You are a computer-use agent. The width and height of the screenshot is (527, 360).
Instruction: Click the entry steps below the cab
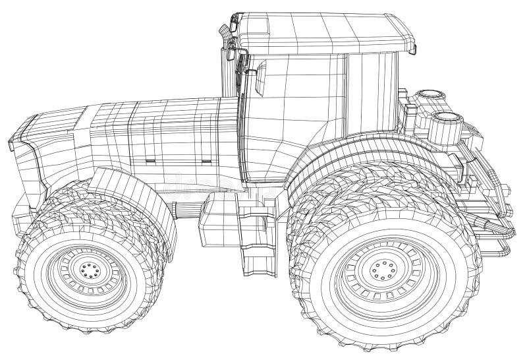tap(253, 234)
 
